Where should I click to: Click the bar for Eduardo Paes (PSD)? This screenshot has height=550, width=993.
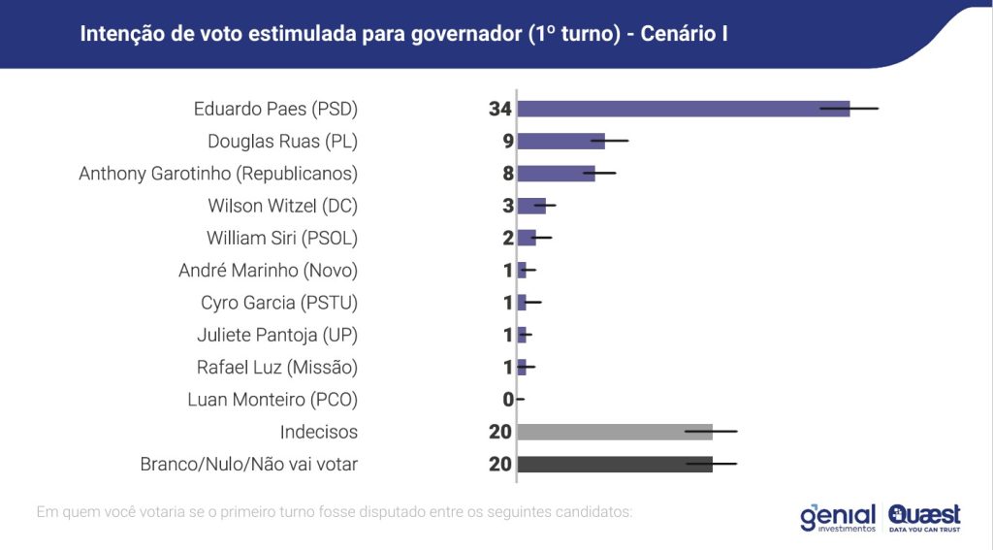click(683, 109)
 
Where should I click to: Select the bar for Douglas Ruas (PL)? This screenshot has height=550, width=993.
click(561, 141)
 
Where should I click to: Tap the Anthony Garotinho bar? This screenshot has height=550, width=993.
click(556, 174)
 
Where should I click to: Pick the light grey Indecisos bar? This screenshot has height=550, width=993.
click(615, 432)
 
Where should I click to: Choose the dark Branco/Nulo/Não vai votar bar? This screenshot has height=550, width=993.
click(615, 465)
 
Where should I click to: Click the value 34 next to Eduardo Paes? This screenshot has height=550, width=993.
click(499, 109)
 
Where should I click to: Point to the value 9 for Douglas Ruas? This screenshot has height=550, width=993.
click(507, 141)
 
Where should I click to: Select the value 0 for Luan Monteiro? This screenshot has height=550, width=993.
click(507, 400)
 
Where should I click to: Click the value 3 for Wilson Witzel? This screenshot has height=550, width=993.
click(507, 206)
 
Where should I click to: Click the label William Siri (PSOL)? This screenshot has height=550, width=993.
click(281, 238)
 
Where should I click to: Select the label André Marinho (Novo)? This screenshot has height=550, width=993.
click(268, 271)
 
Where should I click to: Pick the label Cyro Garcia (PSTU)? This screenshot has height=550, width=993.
click(279, 303)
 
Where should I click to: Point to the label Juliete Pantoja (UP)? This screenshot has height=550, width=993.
click(277, 336)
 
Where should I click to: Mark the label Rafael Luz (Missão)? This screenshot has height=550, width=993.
click(276, 368)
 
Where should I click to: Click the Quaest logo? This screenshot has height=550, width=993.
click(924, 517)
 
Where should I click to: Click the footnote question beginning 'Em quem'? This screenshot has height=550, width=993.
click(334, 510)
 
